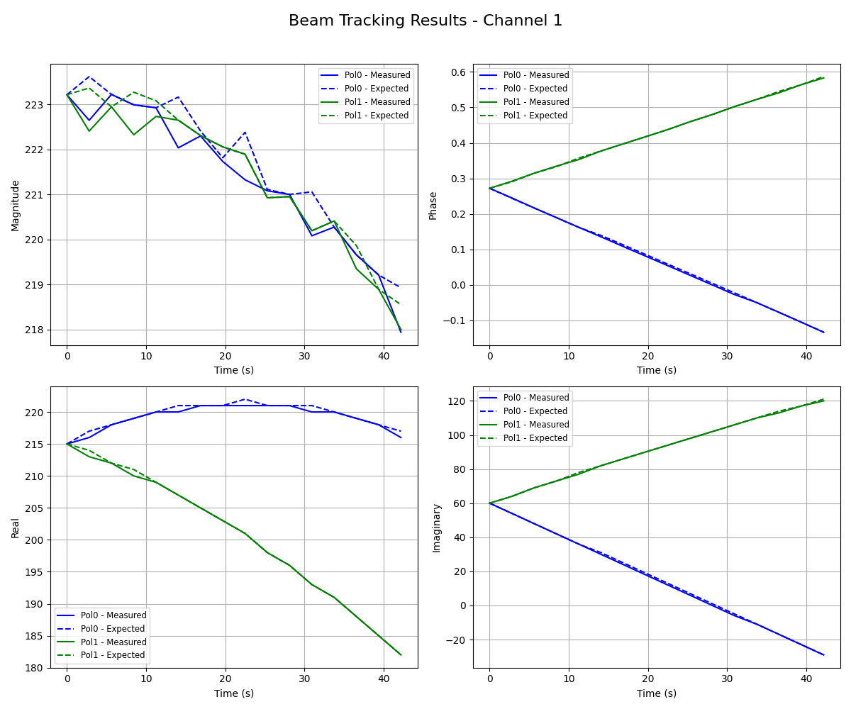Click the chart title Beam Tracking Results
pos(425,21)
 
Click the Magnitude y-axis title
pos(16,205)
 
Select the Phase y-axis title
pos(433,205)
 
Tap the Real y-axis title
pos(16,527)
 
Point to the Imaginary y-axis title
pos(437,527)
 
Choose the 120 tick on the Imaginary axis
pos(457,401)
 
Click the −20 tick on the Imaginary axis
pos(455,640)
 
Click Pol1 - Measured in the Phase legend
pos(535,102)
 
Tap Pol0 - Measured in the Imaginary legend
pos(535,398)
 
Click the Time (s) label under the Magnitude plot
pos(234,370)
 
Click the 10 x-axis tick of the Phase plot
pos(568,358)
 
